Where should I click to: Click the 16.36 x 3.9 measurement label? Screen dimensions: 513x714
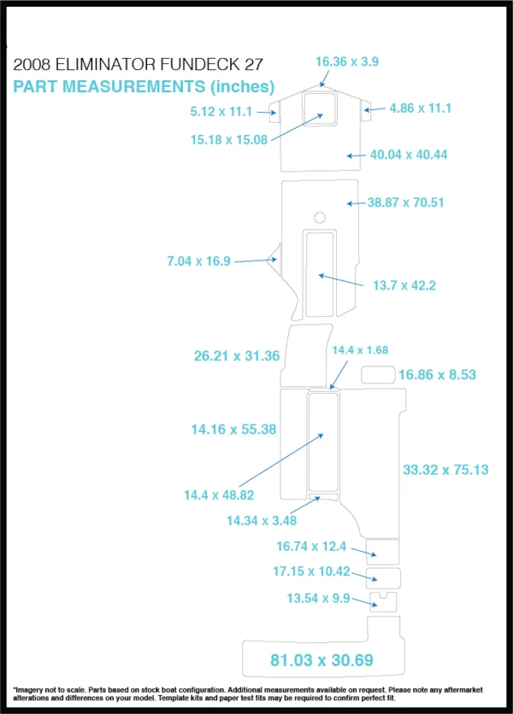pos(347,61)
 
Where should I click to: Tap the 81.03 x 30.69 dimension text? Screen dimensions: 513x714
pos(321,660)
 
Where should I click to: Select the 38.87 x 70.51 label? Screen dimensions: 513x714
pos(405,202)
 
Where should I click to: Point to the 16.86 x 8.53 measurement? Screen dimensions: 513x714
pos(437,375)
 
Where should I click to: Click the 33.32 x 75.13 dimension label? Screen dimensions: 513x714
pos(445,470)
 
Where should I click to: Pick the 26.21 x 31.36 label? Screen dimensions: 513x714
pos(237,355)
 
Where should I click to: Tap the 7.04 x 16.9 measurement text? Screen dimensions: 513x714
pos(198,261)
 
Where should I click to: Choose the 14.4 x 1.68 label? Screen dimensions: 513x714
pos(360,349)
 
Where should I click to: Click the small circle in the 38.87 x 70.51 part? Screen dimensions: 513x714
pos(320,217)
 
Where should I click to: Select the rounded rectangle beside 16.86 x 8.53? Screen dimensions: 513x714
pos(378,375)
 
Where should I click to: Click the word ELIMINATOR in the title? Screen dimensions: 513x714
pos(106,64)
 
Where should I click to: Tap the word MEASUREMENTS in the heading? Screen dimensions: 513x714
pos(134,86)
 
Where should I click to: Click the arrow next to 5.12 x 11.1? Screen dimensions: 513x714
pos(266,112)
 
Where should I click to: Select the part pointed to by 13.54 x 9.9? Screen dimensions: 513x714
pos(383,602)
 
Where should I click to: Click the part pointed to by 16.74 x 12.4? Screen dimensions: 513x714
pos(382,552)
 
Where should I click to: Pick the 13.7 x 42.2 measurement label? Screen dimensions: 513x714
pos(404,285)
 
